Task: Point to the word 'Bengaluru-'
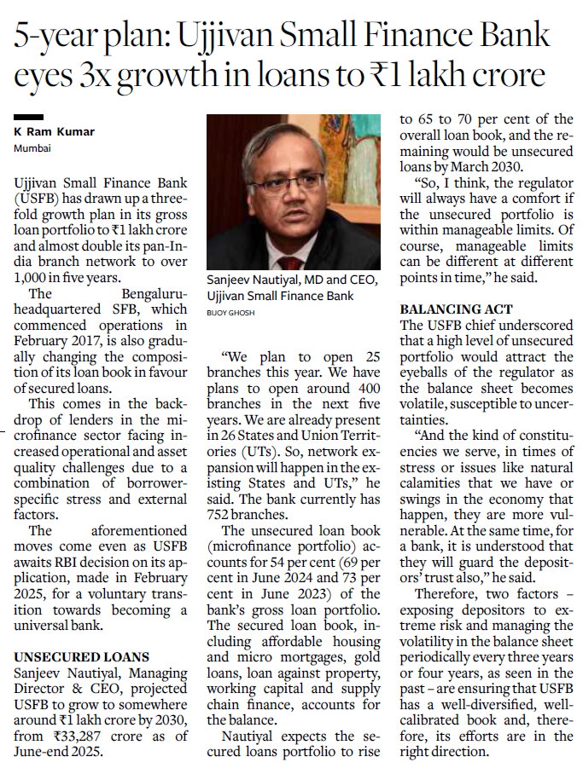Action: click(143, 293)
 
